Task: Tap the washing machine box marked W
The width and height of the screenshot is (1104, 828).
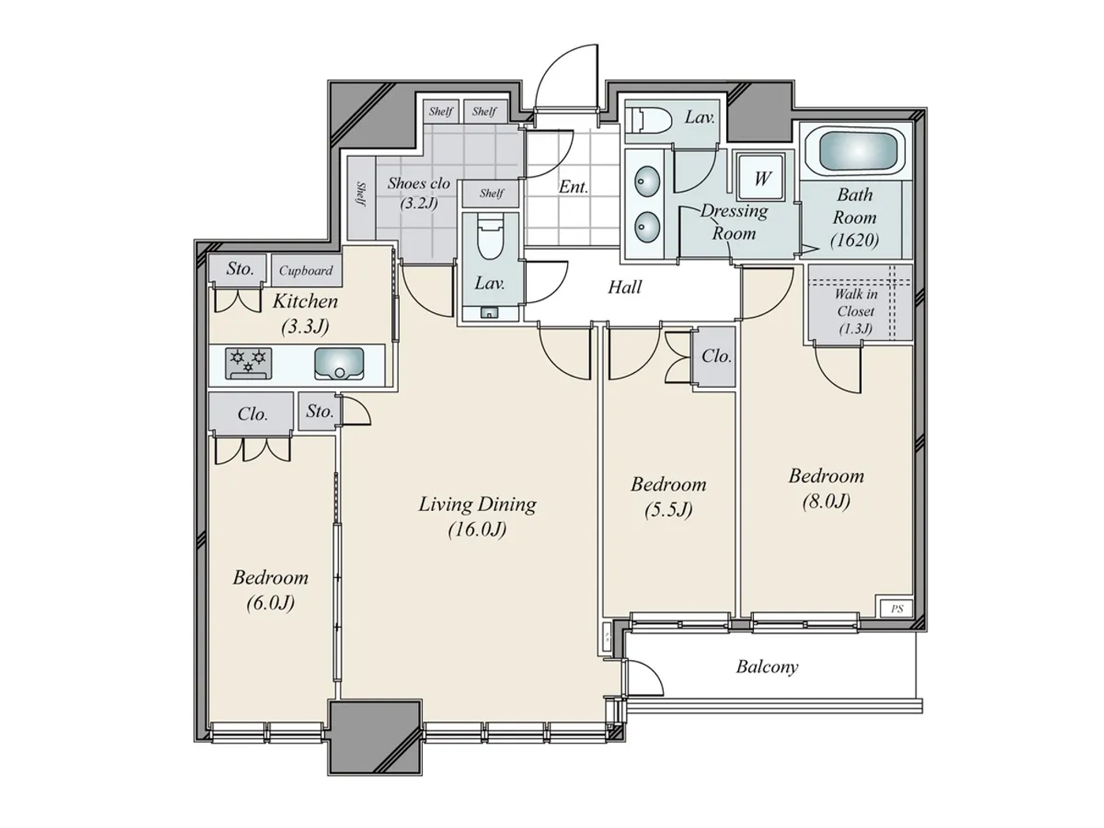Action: (x=762, y=178)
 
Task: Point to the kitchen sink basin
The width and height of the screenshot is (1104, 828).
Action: (x=339, y=364)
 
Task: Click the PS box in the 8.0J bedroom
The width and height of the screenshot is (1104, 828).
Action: (x=897, y=609)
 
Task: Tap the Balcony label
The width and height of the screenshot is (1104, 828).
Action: (x=766, y=667)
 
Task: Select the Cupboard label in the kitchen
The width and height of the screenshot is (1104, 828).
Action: (x=306, y=270)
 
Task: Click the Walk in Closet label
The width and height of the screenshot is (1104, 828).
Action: (x=856, y=311)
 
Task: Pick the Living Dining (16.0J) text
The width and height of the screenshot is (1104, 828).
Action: (x=477, y=516)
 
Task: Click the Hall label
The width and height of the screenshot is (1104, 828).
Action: (x=625, y=287)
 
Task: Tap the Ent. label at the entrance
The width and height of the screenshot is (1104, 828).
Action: (x=573, y=187)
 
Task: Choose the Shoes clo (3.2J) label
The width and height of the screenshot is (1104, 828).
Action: (x=418, y=192)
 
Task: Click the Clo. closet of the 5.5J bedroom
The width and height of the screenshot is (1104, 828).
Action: (x=715, y=356)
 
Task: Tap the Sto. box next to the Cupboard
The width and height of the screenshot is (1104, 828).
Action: (x=240, y=269)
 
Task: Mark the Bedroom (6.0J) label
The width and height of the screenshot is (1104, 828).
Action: (x=270, y=589)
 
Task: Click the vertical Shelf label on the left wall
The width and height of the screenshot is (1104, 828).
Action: (x=361, y=195)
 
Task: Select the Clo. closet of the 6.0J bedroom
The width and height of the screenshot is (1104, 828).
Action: (x=252, y=414)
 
